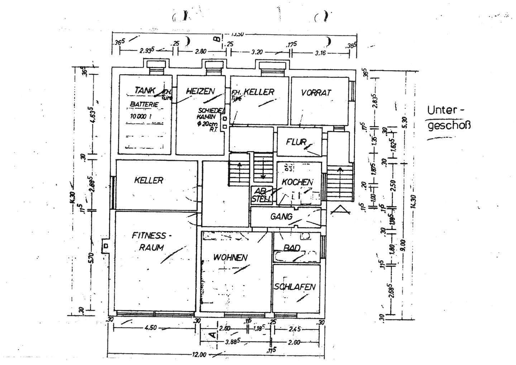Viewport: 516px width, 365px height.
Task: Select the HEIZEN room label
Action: (x=200, y=91)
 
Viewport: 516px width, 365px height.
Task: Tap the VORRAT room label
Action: (x=316, y=92)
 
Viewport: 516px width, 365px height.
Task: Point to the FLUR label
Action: (x=296, y=141)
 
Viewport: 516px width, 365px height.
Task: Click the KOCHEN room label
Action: (x=297, y=182)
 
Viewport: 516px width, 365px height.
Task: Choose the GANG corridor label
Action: (x=281, y=216)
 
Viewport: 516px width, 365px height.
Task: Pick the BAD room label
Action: (x=291, y=248)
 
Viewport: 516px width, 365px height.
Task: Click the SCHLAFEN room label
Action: (x=295, y=287)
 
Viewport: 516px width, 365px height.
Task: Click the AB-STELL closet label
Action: (x=262, y=195)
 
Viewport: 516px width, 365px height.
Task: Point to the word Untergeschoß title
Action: (x=448, y=117)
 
